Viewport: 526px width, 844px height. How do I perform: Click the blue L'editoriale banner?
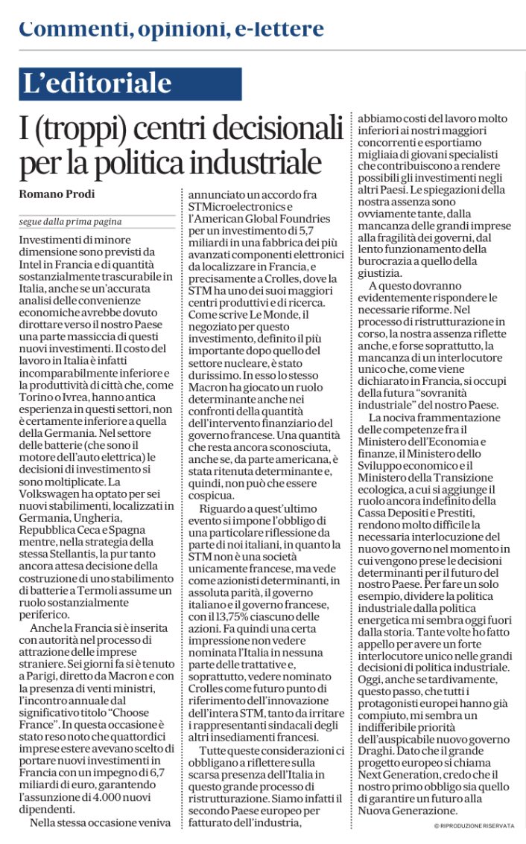pos(130,84)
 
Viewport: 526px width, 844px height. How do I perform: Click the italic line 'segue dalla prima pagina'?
pos(70,222)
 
